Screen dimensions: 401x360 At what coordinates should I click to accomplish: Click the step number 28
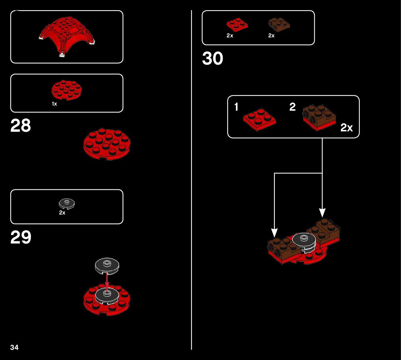pos(21,126)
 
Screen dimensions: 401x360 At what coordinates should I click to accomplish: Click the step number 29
pos(21,238)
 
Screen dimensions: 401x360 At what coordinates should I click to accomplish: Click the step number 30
pos(212,59)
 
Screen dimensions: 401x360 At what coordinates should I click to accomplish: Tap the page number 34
pos(14,347)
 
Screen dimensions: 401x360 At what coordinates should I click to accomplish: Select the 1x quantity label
pos(54,104)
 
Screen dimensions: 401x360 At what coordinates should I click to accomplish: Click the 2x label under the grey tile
pos(62,213)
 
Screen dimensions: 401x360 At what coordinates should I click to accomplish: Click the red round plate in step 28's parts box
pos(67,90)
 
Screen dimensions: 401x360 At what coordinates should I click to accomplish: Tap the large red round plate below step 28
pos(107,144)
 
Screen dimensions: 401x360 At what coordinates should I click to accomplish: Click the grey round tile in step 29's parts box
pos(67,204)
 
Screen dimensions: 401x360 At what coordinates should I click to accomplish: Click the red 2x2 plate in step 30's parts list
pos(237,25)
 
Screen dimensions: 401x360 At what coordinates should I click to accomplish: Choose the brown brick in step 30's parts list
pos(279,25)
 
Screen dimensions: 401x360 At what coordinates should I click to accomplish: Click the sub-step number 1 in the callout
pos(236,107)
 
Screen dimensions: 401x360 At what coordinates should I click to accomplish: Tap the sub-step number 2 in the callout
pos(293,107)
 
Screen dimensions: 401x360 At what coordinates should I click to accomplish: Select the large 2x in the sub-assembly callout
pos(347,128)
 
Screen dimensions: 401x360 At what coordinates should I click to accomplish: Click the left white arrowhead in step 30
pos(274,232)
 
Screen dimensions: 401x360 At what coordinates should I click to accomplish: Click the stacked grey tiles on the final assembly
pos(304,242)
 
